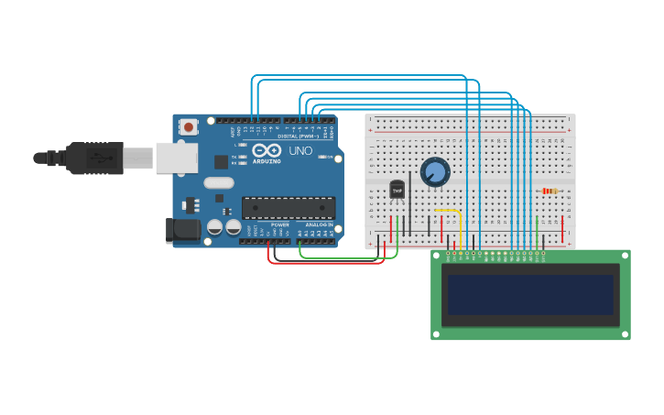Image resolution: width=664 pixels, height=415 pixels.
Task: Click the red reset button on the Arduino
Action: (189, 127)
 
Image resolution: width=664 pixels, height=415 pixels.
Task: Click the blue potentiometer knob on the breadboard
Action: (435, 171)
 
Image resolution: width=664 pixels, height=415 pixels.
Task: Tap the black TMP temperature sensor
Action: (397, 190)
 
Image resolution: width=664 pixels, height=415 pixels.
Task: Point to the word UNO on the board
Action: (300, 150)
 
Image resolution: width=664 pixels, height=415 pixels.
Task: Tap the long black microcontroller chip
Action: (288, 208)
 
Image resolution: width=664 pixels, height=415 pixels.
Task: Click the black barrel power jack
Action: (182, 230)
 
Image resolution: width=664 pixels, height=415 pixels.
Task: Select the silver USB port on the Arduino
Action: (176, 158)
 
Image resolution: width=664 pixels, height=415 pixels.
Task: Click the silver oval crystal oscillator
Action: (219, 182)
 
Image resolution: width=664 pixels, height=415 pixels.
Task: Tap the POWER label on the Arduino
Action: (280, 224)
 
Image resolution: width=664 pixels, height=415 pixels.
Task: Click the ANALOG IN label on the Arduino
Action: (320, 224)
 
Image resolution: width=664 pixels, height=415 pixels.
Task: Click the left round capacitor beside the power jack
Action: (214, 226)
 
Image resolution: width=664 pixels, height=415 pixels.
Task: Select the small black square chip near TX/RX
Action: (221, 162)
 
